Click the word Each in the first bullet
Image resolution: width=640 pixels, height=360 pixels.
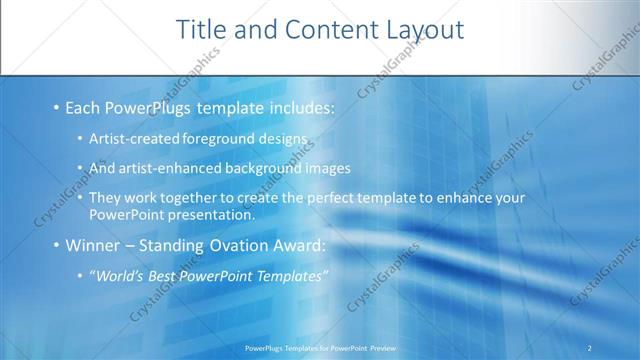(83, 105)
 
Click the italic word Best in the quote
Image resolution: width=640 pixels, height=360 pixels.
(167, 276)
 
